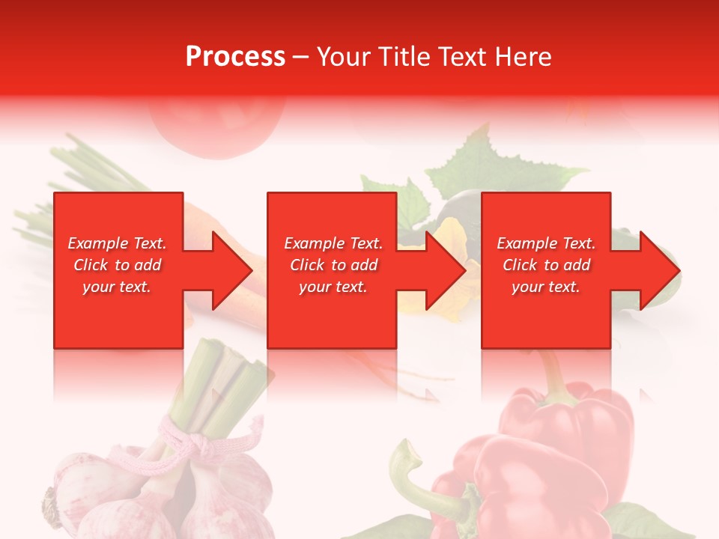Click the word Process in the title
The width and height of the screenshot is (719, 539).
[x=235, y=57]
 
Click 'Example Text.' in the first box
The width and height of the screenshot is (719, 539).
[x=117, y=243]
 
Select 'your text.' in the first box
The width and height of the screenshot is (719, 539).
[x=117, y=287]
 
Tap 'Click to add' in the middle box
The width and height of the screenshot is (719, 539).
[x=333, y=265]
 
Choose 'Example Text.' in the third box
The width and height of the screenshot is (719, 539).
[x=546, y=243]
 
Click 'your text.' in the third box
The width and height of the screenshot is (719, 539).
[x=546, y=287]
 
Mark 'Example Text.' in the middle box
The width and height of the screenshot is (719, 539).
[x=333, y=243]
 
